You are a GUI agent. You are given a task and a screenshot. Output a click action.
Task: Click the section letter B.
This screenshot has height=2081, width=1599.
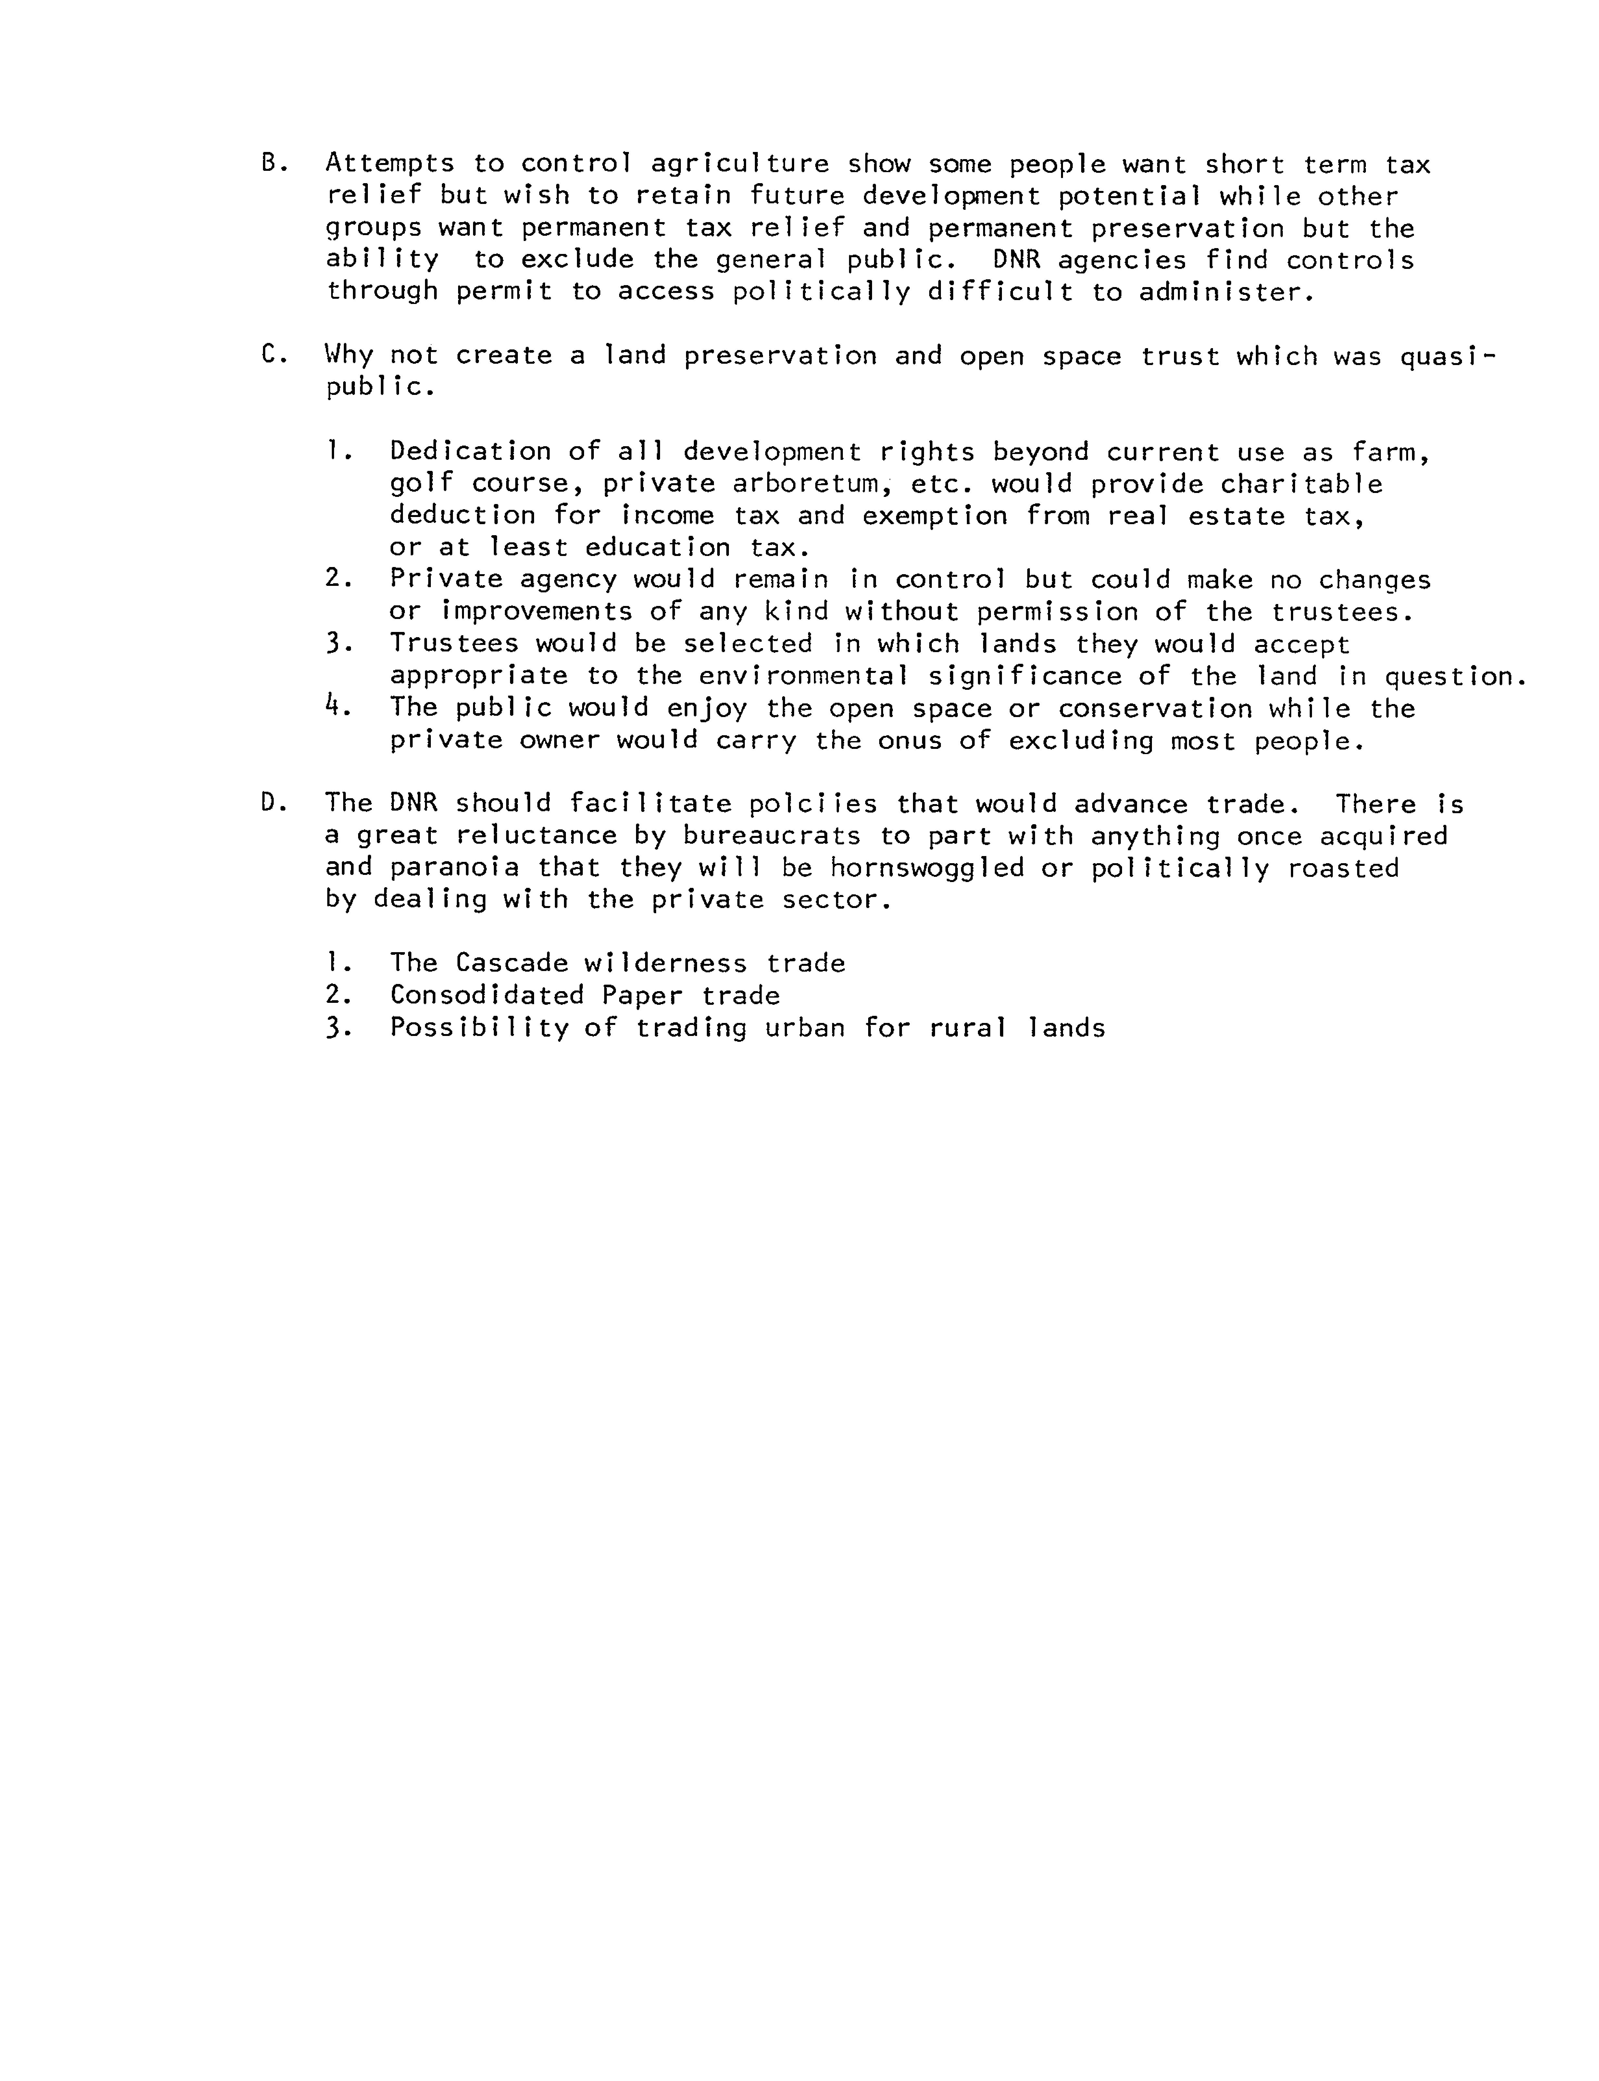pos(269,164)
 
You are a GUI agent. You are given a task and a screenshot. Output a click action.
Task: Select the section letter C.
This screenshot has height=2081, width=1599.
pos(269,355)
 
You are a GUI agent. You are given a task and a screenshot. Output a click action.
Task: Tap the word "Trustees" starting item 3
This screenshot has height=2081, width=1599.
pos(454,645)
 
